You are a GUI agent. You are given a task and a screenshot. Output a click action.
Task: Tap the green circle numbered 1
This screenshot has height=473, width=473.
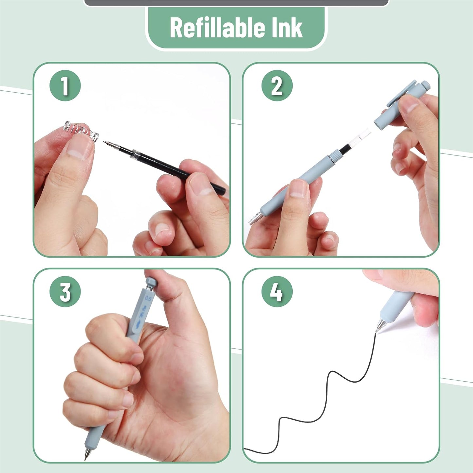tap(65, 86)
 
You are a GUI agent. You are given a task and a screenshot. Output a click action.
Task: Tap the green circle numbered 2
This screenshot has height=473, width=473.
tap(277, 86)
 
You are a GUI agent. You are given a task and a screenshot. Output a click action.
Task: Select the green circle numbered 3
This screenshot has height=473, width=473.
tap(65, 291)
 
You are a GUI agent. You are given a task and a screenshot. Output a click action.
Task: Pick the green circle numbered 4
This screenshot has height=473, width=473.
tap(277, 291)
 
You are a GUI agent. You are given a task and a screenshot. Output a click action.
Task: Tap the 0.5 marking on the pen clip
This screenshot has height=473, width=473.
tap(148, 299)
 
